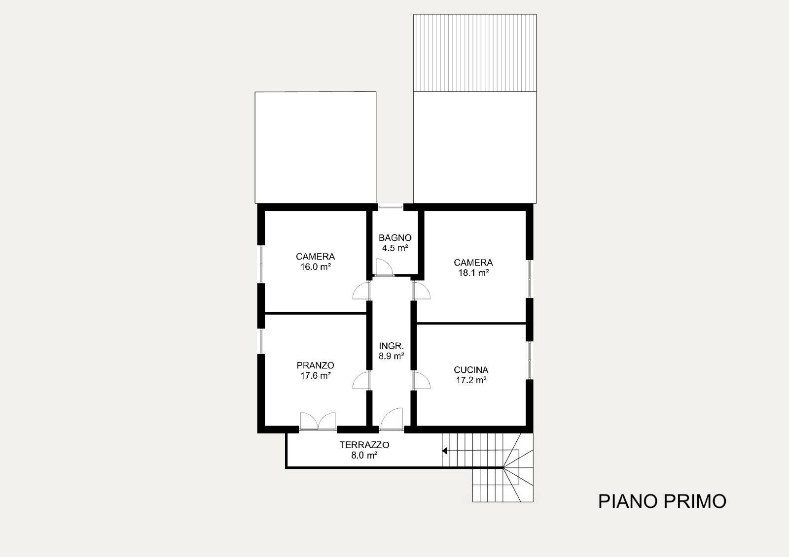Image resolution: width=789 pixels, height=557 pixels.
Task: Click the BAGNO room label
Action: pos(395,238)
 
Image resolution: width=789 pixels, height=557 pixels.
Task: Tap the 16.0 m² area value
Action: pos(315,267)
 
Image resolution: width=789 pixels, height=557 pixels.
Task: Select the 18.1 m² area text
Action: pos(473,273)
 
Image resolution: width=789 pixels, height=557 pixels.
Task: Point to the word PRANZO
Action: pos(315,365)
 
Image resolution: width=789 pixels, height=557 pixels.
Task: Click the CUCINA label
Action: pos(471,370)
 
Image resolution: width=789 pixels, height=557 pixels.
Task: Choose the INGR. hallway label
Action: pos(391,346)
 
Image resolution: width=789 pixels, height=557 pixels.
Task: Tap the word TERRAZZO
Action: pos(364,445)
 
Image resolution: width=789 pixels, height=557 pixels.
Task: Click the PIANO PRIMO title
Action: pos(662,501)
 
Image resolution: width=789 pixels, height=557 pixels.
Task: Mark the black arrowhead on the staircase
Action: pos(444,451)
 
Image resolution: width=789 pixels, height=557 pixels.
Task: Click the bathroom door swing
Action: pos(384,267)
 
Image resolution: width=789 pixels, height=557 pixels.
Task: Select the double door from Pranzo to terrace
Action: pos(318,421)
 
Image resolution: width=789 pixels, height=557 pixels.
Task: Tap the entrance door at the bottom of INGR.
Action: pos(392,419)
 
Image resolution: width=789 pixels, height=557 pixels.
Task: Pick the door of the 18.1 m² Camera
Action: pos(421,291)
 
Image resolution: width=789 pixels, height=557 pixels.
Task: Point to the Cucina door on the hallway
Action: pos(421,380)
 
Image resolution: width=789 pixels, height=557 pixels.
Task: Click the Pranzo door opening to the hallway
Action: pos(361,380)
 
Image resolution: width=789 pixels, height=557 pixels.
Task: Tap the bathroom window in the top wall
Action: pos(391,207)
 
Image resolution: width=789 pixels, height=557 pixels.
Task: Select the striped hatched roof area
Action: pos(475,53)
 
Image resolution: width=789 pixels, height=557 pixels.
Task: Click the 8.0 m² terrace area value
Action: pos(364,456)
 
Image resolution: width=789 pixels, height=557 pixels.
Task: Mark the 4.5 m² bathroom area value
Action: pos(395,248)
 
